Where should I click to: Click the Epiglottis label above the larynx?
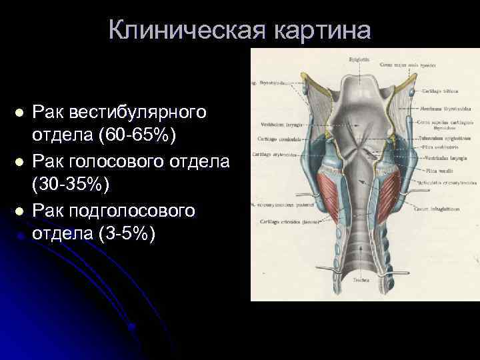360,60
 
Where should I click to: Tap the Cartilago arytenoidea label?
277,153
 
